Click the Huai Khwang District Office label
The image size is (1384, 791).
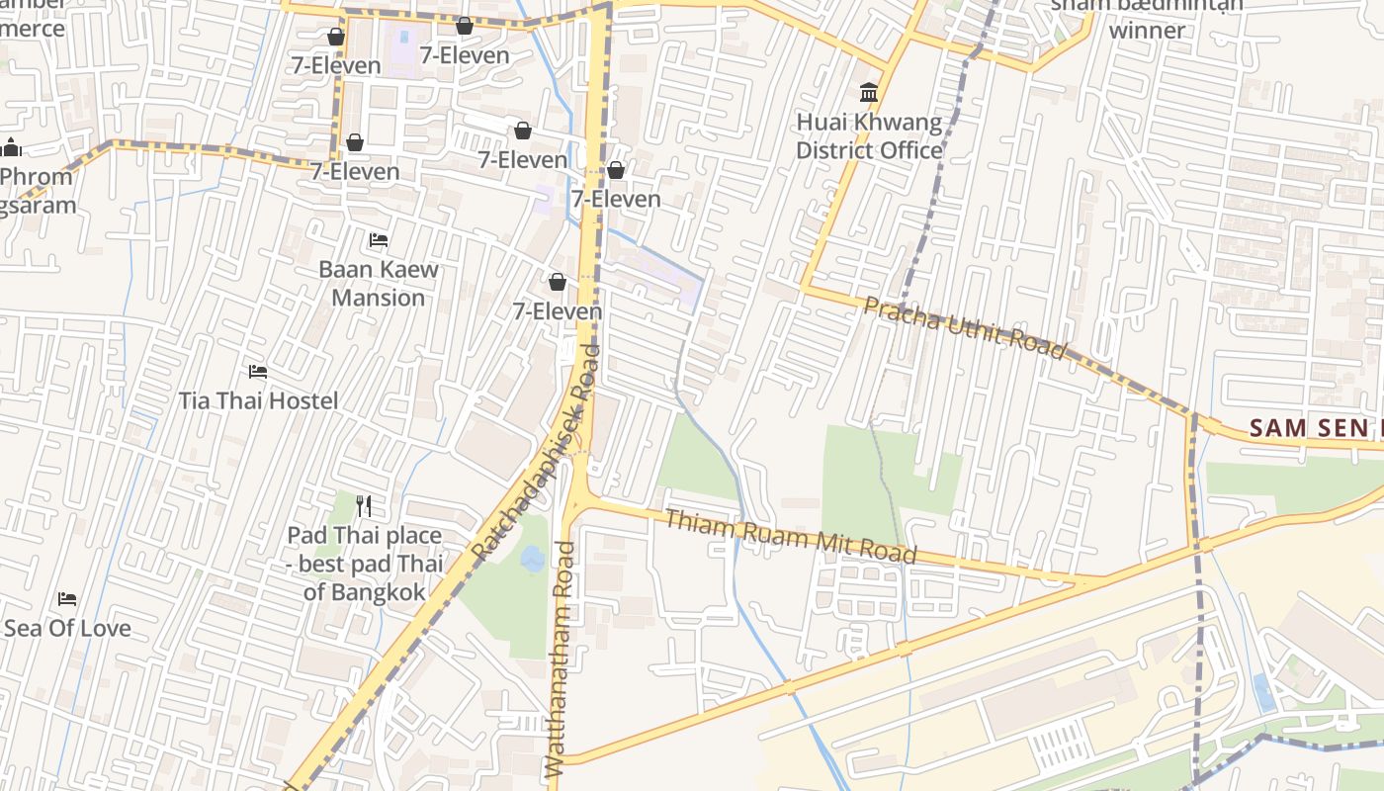(869, 136)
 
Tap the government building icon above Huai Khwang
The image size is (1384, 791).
(869, 93)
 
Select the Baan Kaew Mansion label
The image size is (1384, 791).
(379, 283)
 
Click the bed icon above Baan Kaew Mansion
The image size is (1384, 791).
(379, 239)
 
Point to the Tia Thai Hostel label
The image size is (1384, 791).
(258, 400)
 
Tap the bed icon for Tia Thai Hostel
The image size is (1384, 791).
(258, 372)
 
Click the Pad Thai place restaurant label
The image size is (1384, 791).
(365, 564)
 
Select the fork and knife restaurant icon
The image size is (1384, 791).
(364, 506)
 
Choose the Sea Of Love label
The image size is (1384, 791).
(67, 628)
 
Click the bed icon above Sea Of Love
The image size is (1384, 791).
(67, 599)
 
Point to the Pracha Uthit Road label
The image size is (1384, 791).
(965, 327)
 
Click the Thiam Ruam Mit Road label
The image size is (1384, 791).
(791, 537)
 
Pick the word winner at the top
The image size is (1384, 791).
(1147, 30)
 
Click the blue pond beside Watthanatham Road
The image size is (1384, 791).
(533, 559)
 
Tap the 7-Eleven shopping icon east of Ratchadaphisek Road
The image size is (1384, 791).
(616, 170)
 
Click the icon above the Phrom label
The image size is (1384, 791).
(12, 148)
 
